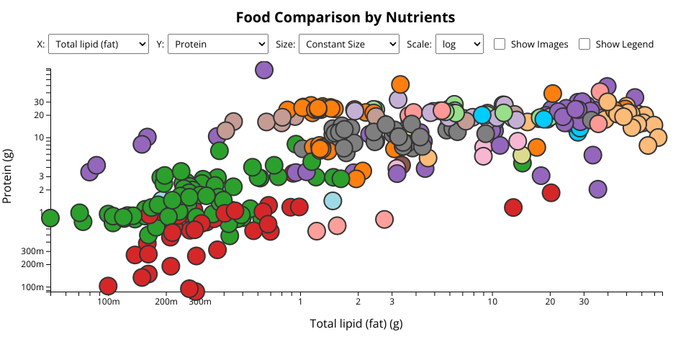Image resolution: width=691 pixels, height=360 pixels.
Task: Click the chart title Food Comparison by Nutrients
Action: point(345,17)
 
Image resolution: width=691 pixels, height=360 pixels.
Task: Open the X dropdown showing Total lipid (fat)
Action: point(99,44)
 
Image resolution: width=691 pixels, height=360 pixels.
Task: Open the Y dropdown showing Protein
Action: point(218,44)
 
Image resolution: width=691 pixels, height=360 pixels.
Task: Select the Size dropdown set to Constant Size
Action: point(348,44)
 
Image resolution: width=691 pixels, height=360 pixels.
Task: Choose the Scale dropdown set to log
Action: point(459,44)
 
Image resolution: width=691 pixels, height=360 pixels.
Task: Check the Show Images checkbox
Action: point(500,44)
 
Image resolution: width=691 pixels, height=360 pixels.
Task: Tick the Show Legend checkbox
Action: point(584,44)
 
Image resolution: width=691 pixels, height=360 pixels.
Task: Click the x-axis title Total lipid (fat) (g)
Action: point(356,323)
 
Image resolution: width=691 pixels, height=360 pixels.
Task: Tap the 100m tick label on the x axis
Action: point(108,302)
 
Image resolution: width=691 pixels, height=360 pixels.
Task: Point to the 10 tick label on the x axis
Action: point(492,302)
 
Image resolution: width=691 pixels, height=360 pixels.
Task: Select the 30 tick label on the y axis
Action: point(39,102)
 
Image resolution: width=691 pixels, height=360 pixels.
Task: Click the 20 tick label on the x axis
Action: point(550,302)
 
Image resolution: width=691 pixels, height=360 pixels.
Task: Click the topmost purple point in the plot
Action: point(264,70)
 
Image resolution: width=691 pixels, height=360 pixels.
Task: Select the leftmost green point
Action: point(50,217)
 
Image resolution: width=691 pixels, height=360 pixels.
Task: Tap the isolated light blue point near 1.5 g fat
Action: point(333,201)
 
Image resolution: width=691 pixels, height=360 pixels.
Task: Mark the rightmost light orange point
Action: point(657,137)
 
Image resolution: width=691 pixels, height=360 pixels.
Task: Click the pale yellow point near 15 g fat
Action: point(522,156)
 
